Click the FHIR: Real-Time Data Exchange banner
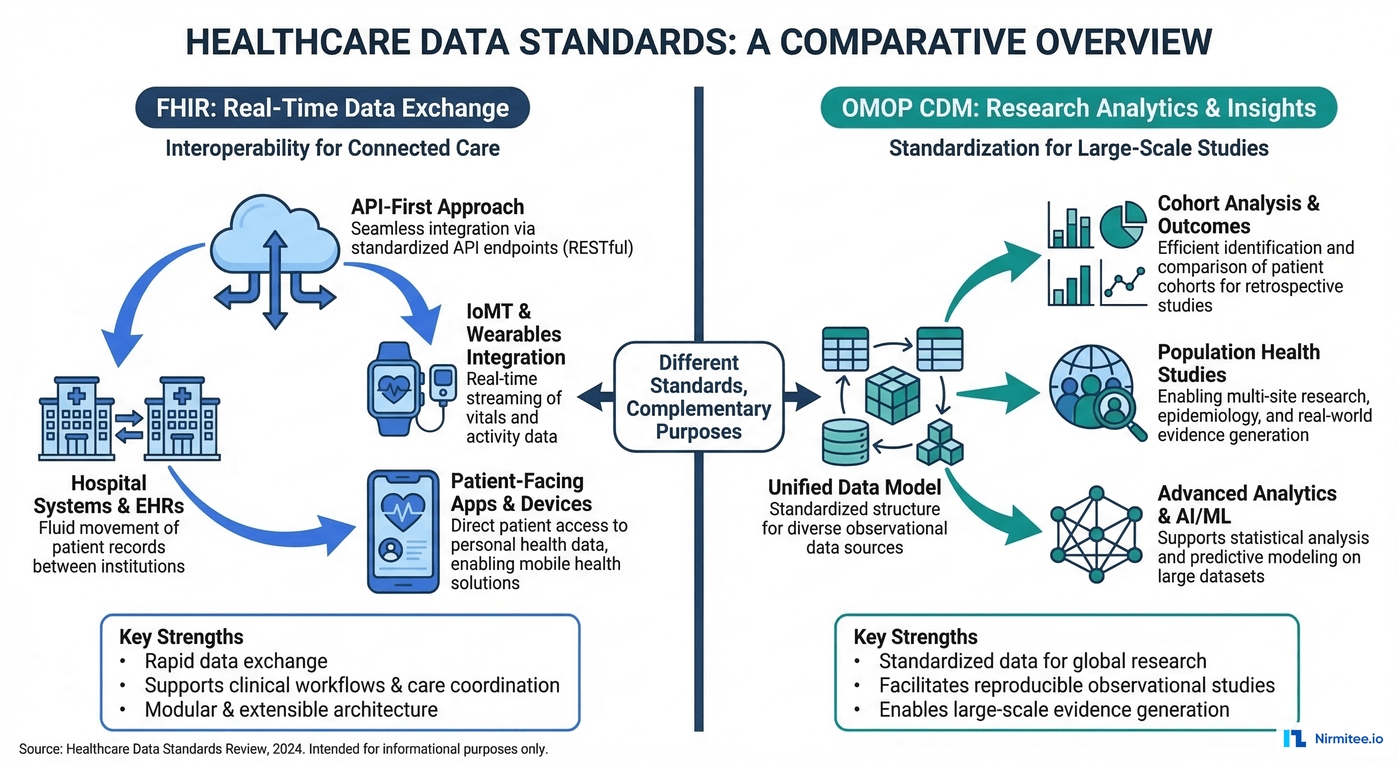(332, 107)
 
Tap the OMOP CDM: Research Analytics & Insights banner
(1078, 107)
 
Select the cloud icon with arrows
(275, 255)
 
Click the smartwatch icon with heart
(395, 388)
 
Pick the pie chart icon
(1122, 225)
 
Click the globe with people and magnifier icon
(1095, 390)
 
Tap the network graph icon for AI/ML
(1096, 534)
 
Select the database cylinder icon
(845, 442)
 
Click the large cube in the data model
(892, 394)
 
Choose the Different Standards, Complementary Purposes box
(699, 396)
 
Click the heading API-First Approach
(437, 207)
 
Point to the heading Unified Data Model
(854, 487)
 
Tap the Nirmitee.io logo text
(1349, 738)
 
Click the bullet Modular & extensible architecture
(291, 709)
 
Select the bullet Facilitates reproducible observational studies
(1076, 685)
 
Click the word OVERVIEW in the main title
(1123, 42)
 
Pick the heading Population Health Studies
(1239, 363)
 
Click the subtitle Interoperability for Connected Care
(332, 148)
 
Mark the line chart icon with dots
(1123, 283)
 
